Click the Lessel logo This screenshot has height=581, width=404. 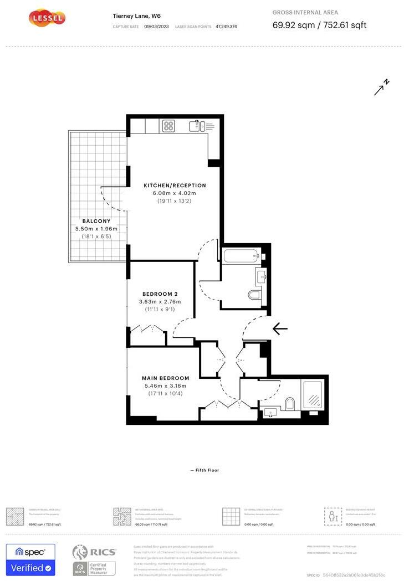[47, 18]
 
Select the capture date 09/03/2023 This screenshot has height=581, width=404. [155, 27]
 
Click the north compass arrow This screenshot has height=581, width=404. [381, 88]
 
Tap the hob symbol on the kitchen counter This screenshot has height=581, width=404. [169, 126]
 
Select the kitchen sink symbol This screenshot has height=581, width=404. [195, 126]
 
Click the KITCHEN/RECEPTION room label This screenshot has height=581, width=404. [175, 186]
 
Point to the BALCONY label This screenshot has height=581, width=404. [97, 221]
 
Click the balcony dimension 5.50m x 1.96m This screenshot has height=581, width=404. [97, 229]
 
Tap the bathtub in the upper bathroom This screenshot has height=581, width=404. [241, 256]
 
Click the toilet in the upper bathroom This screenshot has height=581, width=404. [255, 295]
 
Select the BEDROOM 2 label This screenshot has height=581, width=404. [160, 294]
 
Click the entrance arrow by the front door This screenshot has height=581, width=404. [280, 330]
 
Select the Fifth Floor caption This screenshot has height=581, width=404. [204, 470]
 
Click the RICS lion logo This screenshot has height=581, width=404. [80, 553]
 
